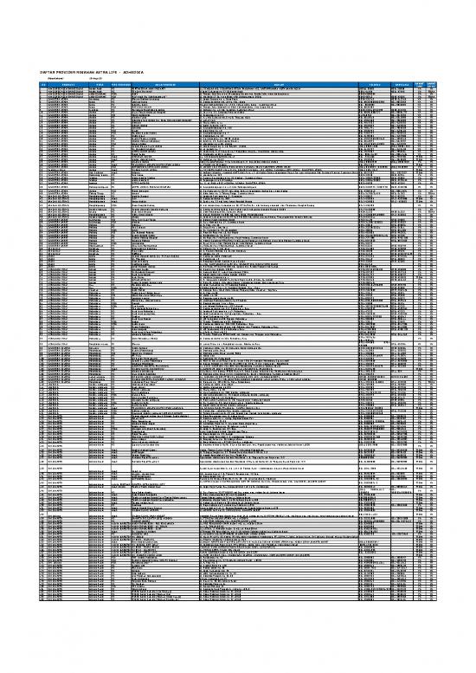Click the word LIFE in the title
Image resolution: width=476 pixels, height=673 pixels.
click(x=113, y=73)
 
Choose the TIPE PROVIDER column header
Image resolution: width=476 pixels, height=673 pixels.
click(x=116, y=85)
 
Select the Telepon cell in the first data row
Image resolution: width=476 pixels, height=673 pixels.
click(x=370, y=89)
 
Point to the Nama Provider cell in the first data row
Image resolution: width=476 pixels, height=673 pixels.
click(x=151, y=89)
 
